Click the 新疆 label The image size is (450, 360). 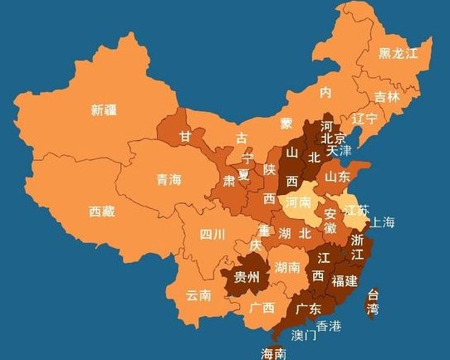104,109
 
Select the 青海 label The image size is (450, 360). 169,178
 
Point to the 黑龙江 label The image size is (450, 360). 399,53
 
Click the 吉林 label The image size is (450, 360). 387,96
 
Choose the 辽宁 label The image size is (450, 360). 364,119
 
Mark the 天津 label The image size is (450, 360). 340,151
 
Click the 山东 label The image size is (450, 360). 336,177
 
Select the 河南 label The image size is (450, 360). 298,202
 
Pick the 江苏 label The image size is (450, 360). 356,210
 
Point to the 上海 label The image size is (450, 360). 383,221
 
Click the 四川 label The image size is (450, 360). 212,235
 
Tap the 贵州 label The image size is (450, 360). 247,276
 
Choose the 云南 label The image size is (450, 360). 198,294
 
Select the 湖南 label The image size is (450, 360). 287,267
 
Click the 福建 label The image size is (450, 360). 344,280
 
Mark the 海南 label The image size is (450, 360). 274,353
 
